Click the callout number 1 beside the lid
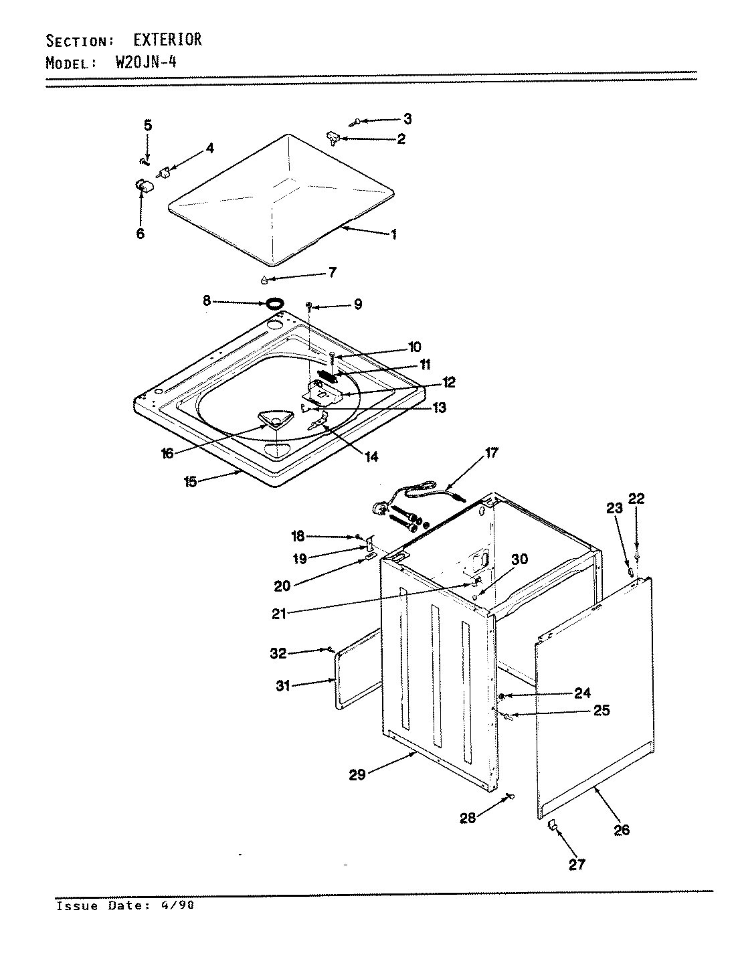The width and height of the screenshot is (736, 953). [x=394, y=234]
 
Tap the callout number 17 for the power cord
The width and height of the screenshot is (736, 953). [x=492, y=453]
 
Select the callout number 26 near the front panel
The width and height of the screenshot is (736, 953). [x=622, y=831]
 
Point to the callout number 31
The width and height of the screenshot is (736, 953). [x=284, y=686]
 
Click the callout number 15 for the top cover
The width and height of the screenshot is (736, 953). [x=191, y=481]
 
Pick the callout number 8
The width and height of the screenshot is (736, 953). [x=207, y=302]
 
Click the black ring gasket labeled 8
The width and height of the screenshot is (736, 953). [x=273, y=305]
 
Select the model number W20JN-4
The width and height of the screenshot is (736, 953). [x=145, y=64]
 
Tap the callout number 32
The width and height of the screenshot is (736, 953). [x=278, y=653]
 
